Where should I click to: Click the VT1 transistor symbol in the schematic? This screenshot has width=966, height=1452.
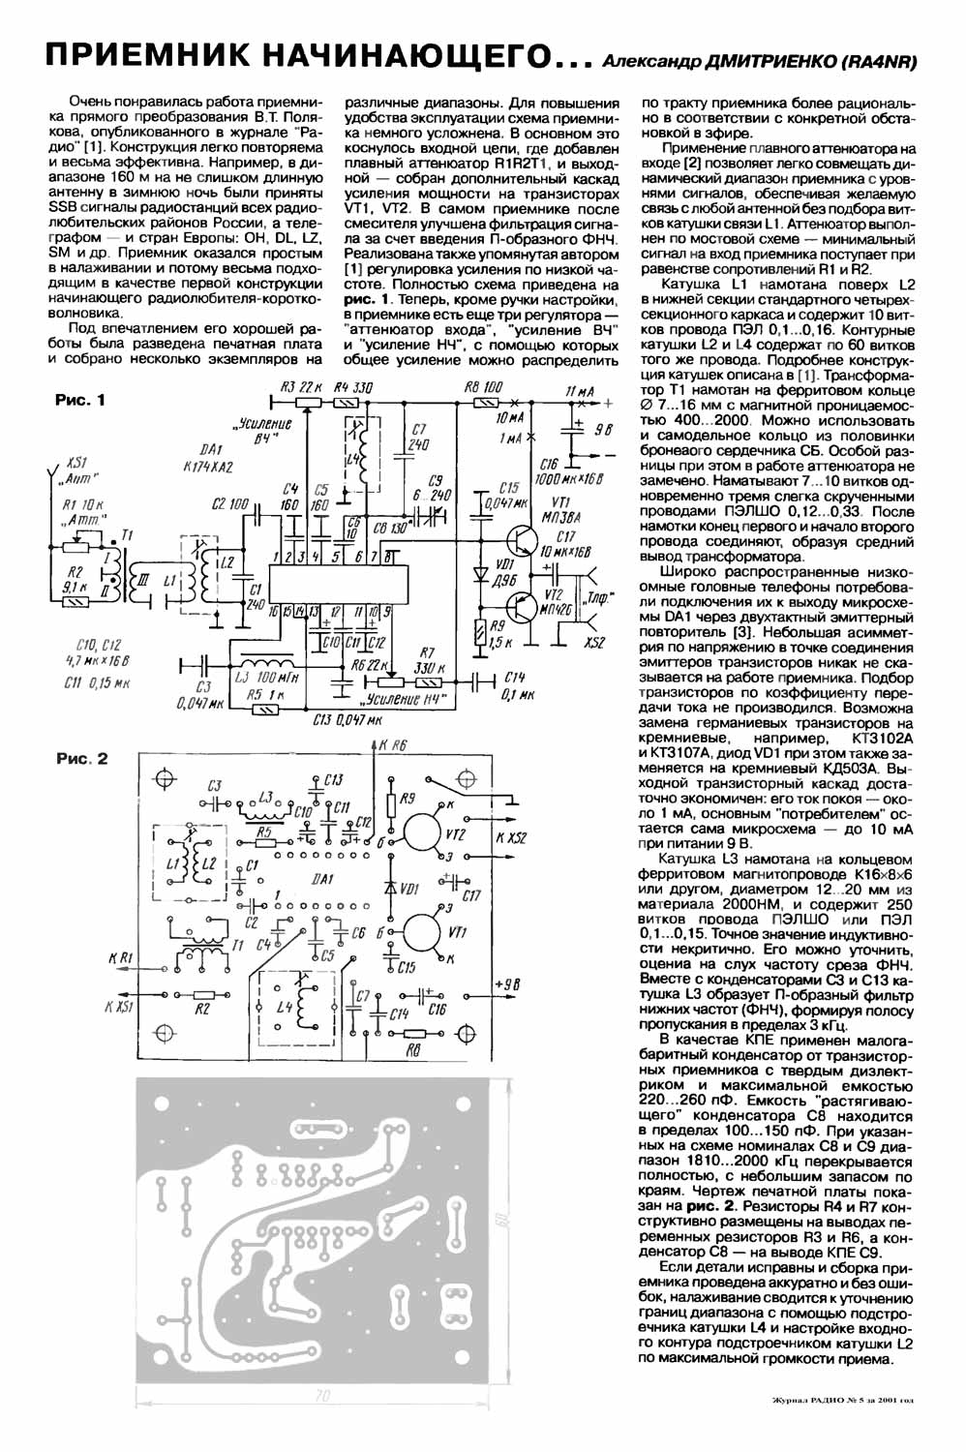521,537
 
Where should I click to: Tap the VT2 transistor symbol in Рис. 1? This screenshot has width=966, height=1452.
521,606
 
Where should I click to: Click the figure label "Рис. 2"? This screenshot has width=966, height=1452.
81,759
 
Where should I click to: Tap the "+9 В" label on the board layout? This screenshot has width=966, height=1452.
507,984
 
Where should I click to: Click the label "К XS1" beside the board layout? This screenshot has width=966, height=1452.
122,1007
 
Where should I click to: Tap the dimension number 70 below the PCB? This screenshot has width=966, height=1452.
323,1397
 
